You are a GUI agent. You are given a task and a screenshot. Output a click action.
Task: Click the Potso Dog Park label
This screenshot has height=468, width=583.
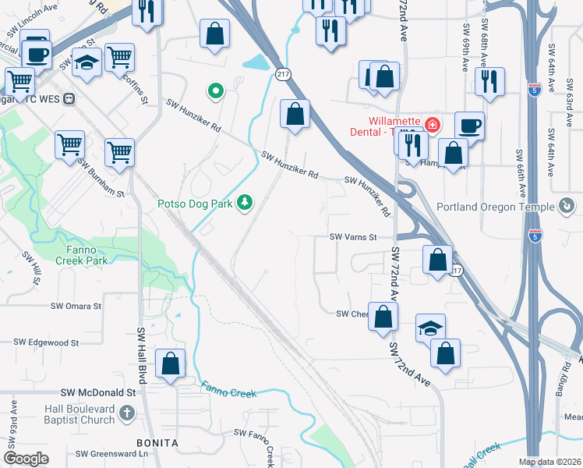point(195,204)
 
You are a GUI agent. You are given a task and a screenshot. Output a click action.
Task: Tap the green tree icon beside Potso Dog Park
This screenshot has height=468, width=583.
point(246,203)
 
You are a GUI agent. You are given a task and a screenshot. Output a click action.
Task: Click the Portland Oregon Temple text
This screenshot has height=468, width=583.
point(495,207)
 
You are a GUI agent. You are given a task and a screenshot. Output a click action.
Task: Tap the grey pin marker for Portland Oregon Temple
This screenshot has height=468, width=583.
point(567,206)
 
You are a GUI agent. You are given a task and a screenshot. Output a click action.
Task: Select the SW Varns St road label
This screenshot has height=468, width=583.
point(353,237)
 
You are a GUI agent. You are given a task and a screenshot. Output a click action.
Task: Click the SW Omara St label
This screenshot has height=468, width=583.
point(76,307)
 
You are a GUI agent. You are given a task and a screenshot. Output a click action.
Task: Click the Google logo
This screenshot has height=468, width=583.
point(26,459)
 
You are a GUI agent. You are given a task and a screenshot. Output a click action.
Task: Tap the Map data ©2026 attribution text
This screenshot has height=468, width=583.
point(549,462)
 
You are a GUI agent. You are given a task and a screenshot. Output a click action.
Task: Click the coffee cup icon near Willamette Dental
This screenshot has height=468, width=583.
point(470,126)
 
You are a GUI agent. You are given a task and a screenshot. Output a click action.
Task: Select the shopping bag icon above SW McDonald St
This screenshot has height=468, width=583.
point(170,364)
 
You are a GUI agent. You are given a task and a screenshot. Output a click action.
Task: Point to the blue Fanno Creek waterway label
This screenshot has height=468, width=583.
point(229,390)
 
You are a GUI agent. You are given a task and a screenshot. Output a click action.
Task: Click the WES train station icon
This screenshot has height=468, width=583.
point(69,99)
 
